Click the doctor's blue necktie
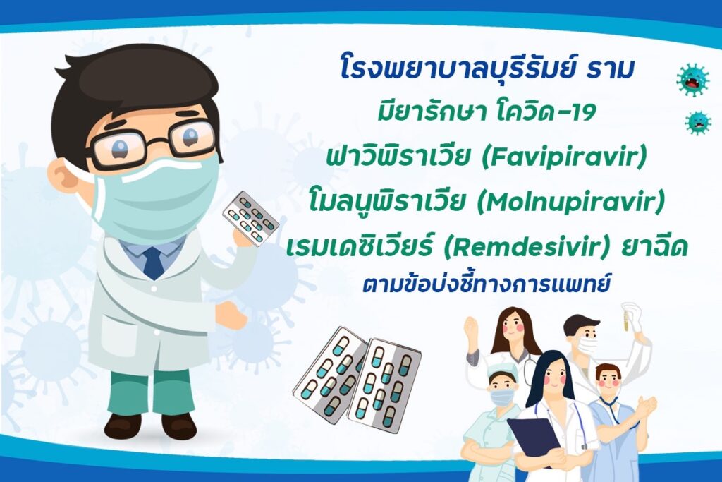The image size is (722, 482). pos(153,263)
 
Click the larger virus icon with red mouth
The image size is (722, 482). pos(692,80)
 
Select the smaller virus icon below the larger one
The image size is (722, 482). pos(698,123)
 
